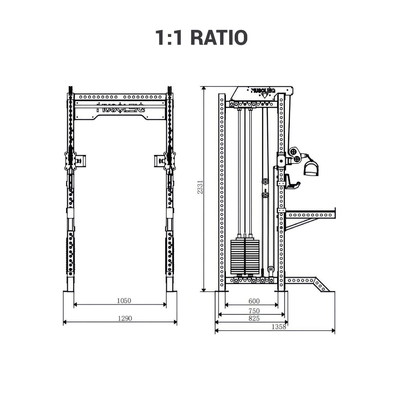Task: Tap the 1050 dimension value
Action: pyautogui.click(x=124, y=301)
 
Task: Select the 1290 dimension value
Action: pyautogui.click(x=124, y=318)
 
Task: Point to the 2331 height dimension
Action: pyautogui.click(x=200, y=187)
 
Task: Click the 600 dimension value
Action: pyautogui.click(x=254, y=301)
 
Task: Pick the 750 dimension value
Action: pyautogui.click(x=254, y=311)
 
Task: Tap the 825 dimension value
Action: pyautogui.click(x=254, y=318)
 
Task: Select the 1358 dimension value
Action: pyautogui.click(x=279, y=327)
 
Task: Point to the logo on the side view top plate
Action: pyautogui.click(x=263, y=91)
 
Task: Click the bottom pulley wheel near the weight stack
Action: pyautogui.click(x=271, y=270)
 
